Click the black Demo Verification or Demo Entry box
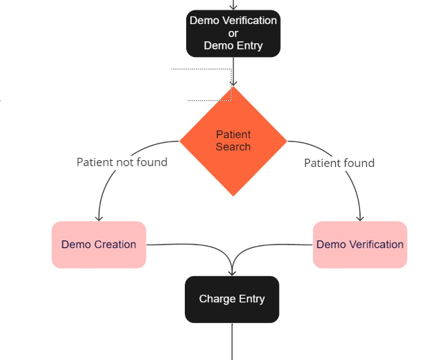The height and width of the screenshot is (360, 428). [x=233, y=33]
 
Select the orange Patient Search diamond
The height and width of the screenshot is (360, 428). [x=233, y=141]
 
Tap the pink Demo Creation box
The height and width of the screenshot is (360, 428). [x=98, y=245]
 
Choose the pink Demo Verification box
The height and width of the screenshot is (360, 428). [x=360, y=245]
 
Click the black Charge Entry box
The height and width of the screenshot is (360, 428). [x=232, y=299]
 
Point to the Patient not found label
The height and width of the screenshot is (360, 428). [x=122, y=162]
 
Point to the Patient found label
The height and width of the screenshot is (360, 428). [x=339, y=163]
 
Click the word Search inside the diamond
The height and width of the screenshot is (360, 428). [x=233, y=146]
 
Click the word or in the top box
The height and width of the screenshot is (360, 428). [x=233, y=33]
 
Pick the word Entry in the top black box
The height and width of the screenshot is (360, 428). [x=248, y=46]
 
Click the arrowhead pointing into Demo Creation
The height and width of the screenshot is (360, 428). [x=99, y=218]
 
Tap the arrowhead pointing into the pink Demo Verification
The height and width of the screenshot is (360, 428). [x=360, y=218]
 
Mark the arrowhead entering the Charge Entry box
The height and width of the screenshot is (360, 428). [x=232, y=273]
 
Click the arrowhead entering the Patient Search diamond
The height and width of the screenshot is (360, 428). [x=233, y=83]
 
